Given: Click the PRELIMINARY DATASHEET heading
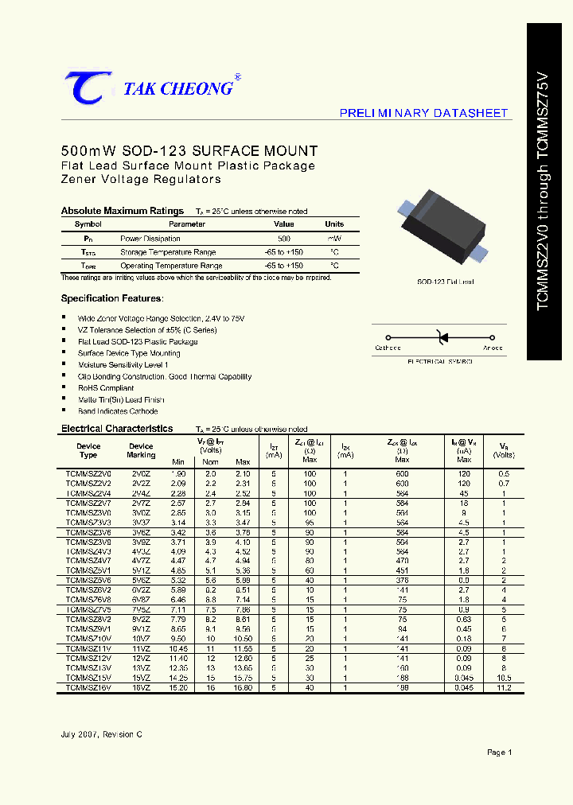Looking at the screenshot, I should (423, 113).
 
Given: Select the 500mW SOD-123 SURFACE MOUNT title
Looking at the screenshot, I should (189, 151).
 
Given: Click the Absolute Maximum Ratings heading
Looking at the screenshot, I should (123, 211).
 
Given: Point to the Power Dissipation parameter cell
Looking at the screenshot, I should (150, 239).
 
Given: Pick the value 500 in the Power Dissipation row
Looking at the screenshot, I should (284, 239).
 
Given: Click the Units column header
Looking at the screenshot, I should (334, 224).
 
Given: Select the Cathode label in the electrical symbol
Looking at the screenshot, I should (388, 348).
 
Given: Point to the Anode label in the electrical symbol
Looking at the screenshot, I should (493, 348).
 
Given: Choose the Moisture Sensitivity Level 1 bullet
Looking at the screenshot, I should (123, 364).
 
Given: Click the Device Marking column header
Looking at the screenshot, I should (142, 451).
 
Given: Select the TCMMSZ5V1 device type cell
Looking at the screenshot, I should (88, 570).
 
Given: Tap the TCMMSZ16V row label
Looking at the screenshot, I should (88, 687).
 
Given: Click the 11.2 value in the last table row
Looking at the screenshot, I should (503, 687).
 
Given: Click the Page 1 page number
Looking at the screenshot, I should (499, 752).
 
